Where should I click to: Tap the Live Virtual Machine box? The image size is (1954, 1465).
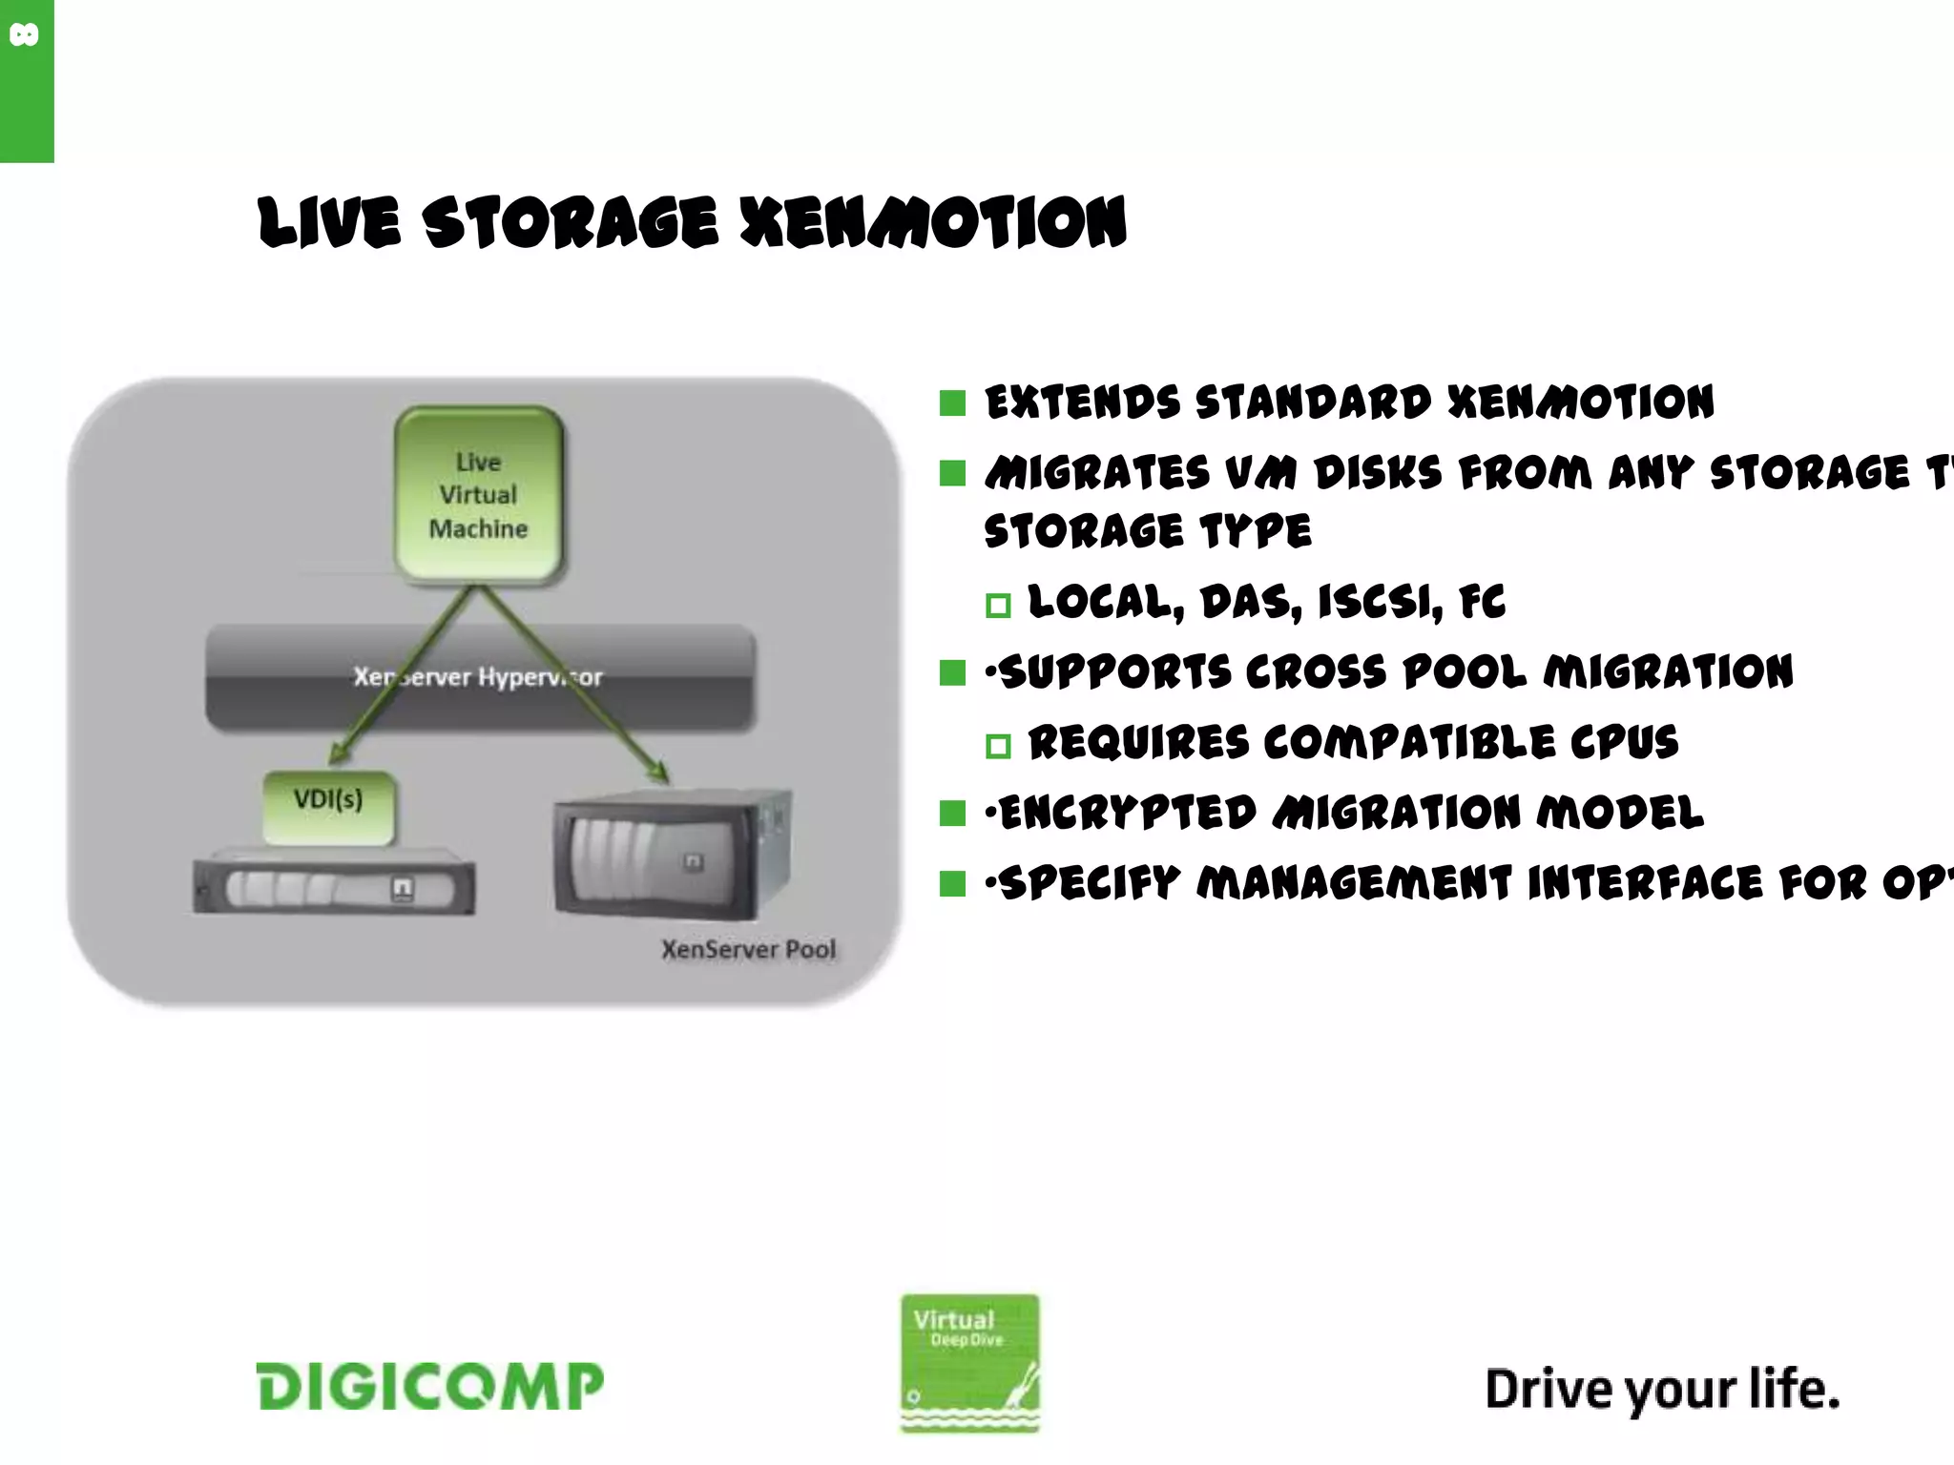point(478,494)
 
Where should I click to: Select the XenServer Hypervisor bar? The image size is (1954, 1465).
point(480,677)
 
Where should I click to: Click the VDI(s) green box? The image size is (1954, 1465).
point(327,806)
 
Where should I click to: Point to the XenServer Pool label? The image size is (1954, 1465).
point(748,949)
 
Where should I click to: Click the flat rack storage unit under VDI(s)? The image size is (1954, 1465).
point(334,885)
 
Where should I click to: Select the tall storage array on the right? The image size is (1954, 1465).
point(672,855)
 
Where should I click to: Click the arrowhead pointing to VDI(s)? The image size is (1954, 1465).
point(337,754)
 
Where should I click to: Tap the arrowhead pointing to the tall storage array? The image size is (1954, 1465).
point(658,771)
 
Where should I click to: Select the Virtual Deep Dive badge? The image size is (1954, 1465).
point(969,1362)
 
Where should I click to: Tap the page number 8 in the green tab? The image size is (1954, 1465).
point(25,36)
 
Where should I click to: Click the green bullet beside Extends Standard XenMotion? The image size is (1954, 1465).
point(952,402)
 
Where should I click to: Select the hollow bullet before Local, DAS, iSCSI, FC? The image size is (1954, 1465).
point(998,605)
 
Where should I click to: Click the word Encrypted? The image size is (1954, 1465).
point(1127,813)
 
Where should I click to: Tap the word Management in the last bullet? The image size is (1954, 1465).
point(1354,882)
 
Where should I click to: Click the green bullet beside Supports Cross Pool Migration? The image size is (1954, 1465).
point(952,672)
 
